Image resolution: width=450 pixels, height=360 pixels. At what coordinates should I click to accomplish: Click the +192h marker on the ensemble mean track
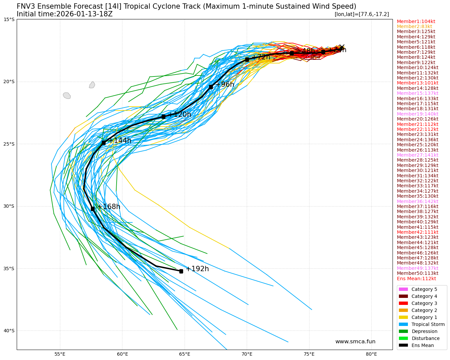(x=181, y=271)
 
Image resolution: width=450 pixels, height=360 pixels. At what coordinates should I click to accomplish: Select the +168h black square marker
(x=93, y=209)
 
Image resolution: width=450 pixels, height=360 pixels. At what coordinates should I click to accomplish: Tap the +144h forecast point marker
(x=104, y=143)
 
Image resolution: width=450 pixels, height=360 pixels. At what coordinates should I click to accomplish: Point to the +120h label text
(x=179, y=115)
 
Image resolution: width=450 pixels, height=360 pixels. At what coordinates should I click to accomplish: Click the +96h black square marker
(x=211, y=87)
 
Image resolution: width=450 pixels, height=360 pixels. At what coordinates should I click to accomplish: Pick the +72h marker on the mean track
(x=247, y=59)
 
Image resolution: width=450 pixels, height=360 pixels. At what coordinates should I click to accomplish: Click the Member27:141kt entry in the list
(x=417, y=155)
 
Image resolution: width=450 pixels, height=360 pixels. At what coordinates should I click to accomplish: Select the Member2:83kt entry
(x=414, y=26)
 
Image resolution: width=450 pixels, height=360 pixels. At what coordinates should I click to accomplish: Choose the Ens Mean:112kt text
(x=416, y=279)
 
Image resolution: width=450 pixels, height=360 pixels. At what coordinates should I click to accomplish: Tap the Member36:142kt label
(x=417, y=201)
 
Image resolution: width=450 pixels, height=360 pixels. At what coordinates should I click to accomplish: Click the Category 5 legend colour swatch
(x=403, y=289)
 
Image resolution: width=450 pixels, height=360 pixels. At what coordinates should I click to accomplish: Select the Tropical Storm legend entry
(x=428, y=324)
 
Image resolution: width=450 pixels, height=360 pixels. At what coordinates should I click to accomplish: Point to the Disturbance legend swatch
(x=403, y=338)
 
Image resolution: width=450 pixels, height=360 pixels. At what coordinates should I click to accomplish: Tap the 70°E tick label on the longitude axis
(x=247, y=354)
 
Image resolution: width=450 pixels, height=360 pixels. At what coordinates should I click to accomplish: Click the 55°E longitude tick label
(x=60, y=354)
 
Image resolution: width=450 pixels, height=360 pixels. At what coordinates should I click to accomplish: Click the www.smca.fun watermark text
(x=355, y=342)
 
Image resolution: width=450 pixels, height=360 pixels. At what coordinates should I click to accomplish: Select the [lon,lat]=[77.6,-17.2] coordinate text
(x=361, y=14)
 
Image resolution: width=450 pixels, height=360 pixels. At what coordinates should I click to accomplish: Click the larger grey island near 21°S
(x=67, y=96)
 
